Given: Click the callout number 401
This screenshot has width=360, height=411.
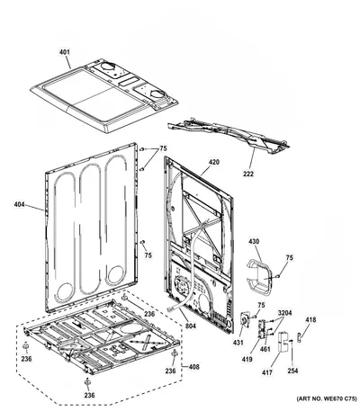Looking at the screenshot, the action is click(64, 52).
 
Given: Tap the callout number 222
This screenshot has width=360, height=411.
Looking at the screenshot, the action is click(248, 174).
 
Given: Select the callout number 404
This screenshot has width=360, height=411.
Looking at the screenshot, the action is click(19, 204).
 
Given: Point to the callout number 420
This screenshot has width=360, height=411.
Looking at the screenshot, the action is click(214, 162).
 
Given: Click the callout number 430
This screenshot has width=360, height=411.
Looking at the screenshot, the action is click(254, 241).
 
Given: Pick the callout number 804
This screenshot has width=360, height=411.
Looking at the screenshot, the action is click(190, 326).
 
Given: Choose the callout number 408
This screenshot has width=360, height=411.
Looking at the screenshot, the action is click(193, 367).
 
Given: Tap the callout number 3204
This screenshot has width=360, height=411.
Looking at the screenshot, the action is click(284, 313).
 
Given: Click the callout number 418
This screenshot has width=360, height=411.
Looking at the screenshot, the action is click(310, 320).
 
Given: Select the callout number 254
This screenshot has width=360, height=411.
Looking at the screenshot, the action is click(292, 371).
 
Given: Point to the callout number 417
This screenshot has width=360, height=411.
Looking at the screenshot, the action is click(267, 372).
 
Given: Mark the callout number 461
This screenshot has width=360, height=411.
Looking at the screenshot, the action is click(265, 349).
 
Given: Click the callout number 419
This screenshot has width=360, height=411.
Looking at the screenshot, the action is click(247, 359).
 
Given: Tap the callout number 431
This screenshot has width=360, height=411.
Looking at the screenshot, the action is click(238, 343).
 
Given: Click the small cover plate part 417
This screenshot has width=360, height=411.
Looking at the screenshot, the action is click(282, 342).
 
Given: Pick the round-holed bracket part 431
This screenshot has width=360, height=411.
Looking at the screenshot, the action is click(245, 320).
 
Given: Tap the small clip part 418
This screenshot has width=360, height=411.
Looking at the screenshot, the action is click(300, 337).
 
